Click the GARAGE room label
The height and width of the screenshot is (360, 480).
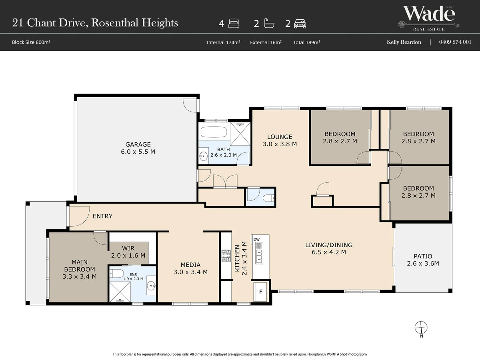coord(138,144)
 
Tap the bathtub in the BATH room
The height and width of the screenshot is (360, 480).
coord(214,132)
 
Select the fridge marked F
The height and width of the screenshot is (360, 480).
coord(260,292)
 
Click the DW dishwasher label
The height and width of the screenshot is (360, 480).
coord(256,240)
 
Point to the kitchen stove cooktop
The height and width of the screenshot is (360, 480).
coord(226,256)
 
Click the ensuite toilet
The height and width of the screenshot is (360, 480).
coord(116,274)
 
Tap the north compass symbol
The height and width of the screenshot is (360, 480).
coord(421,328)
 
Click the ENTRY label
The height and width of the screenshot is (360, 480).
coord(102,216)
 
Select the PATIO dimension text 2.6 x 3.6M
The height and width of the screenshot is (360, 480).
coord(423,263)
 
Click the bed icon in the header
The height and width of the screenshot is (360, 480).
coord(234,24)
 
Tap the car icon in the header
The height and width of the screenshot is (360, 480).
coord(300,24)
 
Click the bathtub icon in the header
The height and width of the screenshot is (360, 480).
coord(269,23)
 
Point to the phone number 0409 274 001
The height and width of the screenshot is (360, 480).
coord(455,42)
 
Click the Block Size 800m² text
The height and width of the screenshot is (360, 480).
coord(31,42)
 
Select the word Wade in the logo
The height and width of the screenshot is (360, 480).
coord(429,14)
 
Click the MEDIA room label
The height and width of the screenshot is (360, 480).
coord(190,265)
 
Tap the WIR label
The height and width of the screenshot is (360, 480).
coord(128,248)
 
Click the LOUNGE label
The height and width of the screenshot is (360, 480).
coord(280,137)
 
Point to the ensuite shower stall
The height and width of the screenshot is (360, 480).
coord(120,292)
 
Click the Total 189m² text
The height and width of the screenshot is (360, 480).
coord(306,42)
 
